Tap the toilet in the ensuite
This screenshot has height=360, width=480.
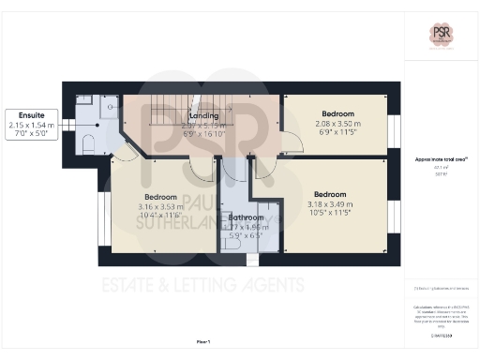[87, 142]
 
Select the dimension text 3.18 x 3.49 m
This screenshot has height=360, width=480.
[333, 203]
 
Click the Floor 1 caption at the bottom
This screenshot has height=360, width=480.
[203, 341]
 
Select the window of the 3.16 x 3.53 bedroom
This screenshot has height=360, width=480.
[100, 215]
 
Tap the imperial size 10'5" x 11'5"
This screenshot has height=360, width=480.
[333, 213]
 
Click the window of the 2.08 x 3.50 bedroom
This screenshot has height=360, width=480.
[393, 125]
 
